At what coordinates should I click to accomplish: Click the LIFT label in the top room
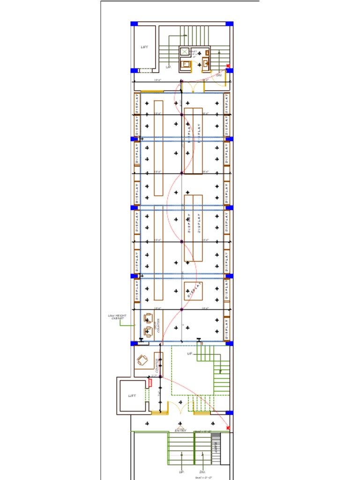click(x=145, y=47)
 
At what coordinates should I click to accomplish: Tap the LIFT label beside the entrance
click(x=133, y=396)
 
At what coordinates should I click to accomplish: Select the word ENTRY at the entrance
click(x=180, y=430)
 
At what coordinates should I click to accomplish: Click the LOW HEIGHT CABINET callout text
click(x=117, y=317)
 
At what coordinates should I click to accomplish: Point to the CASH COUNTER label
click(x=158, y=324)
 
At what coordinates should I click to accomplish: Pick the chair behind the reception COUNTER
click(x=142, y=361)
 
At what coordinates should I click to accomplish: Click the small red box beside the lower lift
click(x=150, y=382)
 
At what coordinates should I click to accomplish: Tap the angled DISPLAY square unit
click(x=193, y=291)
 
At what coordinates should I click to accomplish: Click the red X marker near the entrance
click(x=228, y=427)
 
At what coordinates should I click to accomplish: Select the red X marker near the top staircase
click(x=228, y=66)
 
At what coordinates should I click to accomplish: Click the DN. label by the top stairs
click(x=219, y=75)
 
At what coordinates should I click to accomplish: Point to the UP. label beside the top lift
click(x=168, y=67)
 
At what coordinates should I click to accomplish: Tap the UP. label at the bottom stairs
click(x=181, y=472)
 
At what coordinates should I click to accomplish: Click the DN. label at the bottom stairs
click(x=202, y=472)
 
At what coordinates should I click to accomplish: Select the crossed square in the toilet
click(x=185, y=51)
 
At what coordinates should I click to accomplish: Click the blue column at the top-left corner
click(x=134, y=23)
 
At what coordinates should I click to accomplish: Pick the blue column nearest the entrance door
click(x=229, y=413)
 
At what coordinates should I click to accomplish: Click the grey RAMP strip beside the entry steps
click(x=216, y=448)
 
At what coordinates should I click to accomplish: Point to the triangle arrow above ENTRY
click(x=180, y=427)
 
